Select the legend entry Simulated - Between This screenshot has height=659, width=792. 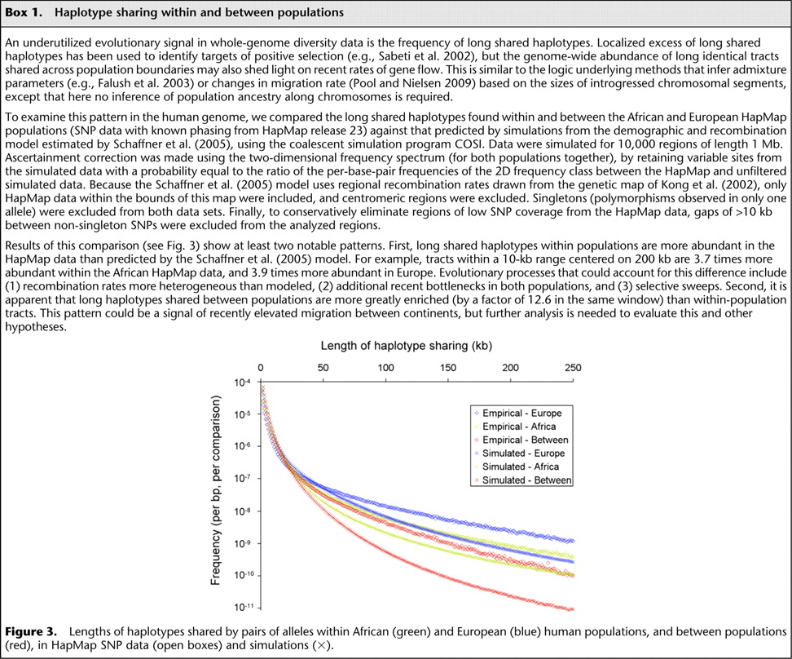[x=526, y=480]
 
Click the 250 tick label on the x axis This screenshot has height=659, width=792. [x=573, y=369]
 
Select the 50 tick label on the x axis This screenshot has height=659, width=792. [x=323, y=369]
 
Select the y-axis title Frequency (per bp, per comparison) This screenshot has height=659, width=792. [x=216, y=492]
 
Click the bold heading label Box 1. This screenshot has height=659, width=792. [x=25, y=11]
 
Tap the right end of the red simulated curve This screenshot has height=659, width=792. [x=572, y=608]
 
